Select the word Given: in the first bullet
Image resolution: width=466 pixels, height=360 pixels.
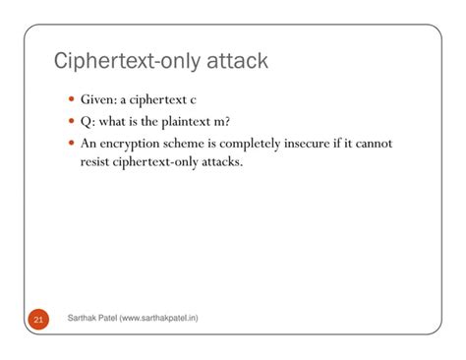click(x=101, y=101)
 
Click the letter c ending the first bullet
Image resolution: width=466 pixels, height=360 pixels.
click(x=194, y=101)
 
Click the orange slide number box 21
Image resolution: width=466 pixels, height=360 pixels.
click(x=38, y=319)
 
